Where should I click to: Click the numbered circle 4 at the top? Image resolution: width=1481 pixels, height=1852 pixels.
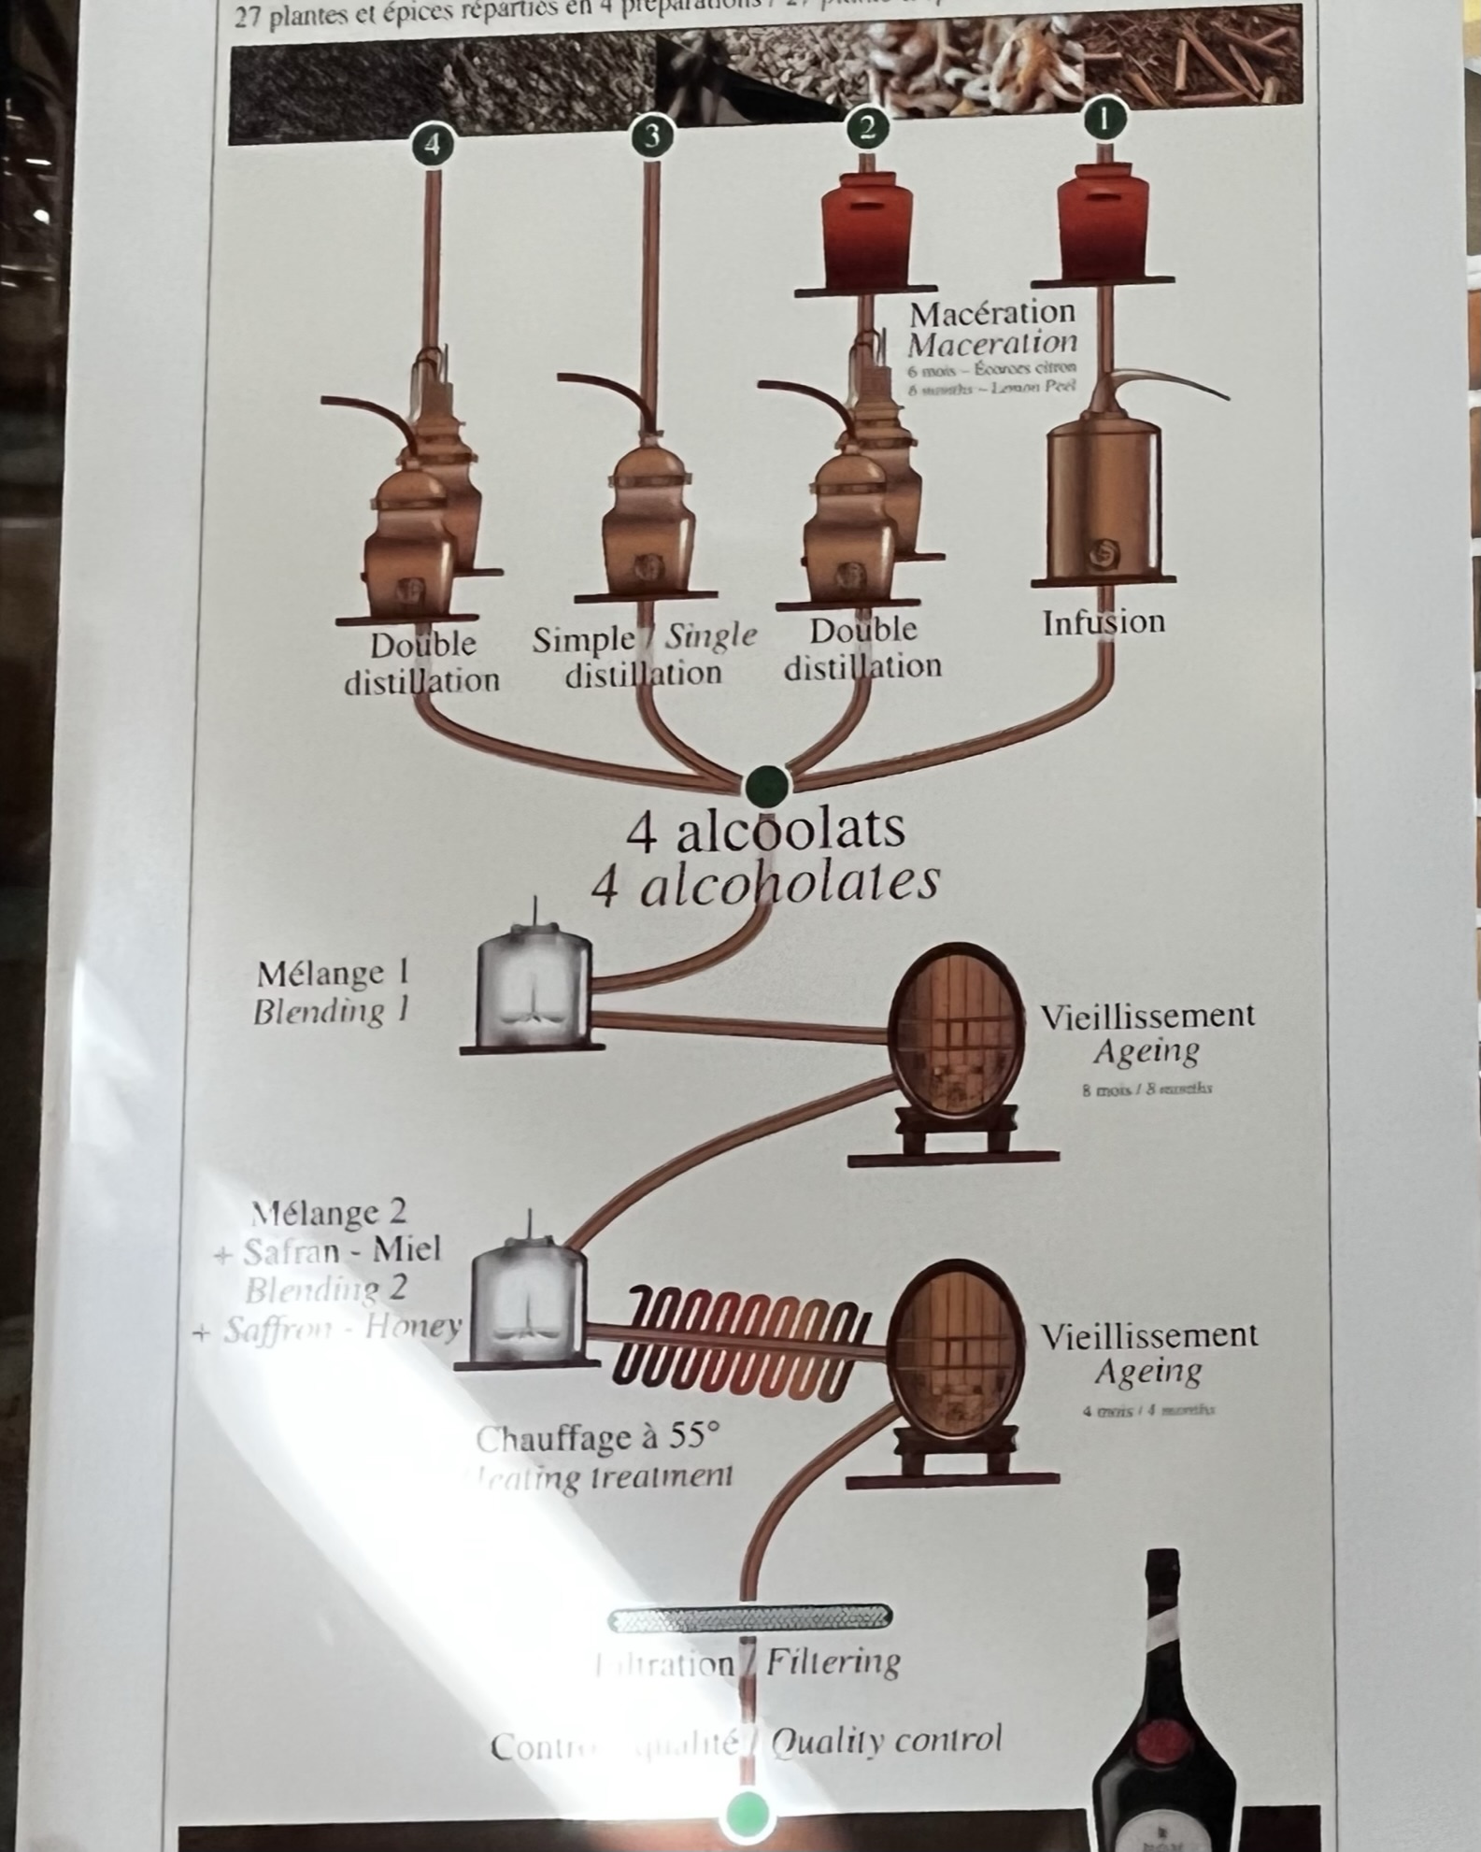pyautogui.click(x=432, y=145)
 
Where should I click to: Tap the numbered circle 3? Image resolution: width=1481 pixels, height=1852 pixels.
pyautogui.click(x=651, y=136)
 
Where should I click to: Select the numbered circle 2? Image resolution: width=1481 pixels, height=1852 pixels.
pyautogui.click(x=867, y=126)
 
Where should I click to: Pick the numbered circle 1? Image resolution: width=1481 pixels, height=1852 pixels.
pyautogui.click(x=1104, y=120)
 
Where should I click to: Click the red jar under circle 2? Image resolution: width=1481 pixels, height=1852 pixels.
pyautogui.click(x=866, y=229)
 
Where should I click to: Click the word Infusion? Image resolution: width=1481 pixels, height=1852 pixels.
pyautogui.click(x=1104, y=622)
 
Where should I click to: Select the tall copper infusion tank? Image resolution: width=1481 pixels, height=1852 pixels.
pyautogui.click(x=1103, y=500)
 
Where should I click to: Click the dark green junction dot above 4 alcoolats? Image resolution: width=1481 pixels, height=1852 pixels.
pyautogui.click(x=766, y=785)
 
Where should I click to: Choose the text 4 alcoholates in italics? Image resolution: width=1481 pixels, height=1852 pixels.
pyautogui.click(x=765, y=883)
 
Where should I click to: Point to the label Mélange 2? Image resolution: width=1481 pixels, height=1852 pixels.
pyautogui.click(x=329, y=1213)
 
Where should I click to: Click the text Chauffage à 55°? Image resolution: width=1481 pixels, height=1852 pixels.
pyautogui.click(x=598, y=1438)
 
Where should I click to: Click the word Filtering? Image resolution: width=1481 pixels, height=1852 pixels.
pyautogui.click(x=833, y=1662)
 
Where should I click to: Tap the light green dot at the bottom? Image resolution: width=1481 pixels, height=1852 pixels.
pyautogui.click(x=748, y=1814)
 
